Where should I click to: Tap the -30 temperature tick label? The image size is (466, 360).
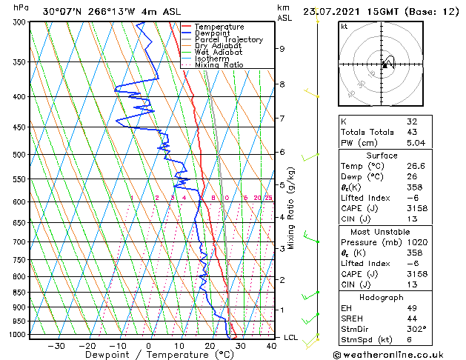coord(56,345)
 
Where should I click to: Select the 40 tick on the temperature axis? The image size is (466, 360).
coord(271,345)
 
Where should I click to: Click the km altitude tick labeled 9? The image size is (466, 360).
coord(282,49)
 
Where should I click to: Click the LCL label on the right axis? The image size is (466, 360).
coord(291,337)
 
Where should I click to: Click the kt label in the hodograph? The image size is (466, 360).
coord(344,27)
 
